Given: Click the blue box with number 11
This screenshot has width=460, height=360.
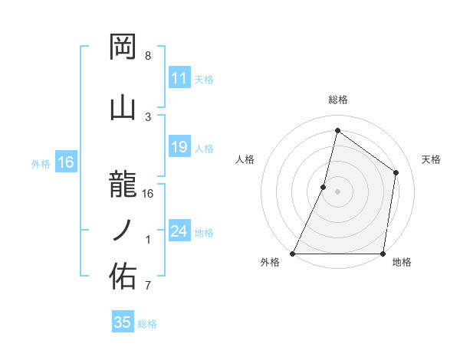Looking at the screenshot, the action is (x=179, y=78).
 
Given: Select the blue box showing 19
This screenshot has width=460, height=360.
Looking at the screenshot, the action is (x=179, y=147).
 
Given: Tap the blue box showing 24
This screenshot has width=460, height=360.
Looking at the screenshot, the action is (x=179, y=231).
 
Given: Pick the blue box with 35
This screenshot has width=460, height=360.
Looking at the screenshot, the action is (x=123, y=322).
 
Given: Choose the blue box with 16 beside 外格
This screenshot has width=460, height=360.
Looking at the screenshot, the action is (x=65, y=162).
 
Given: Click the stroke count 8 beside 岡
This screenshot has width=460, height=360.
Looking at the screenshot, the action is (x=148, y=56).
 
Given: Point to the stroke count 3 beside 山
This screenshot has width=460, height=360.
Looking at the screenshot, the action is (x=148, y=116).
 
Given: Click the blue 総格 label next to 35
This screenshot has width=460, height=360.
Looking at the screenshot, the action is (x=147, y=323).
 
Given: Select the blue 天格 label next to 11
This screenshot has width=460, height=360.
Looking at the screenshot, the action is (x=203, y=79).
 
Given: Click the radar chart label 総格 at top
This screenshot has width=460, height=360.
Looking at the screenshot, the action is (x=337, y=100).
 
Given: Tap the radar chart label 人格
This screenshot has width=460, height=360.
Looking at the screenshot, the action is (x=245, y=159).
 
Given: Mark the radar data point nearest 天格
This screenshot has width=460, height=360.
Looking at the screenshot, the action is (x=396, y=172).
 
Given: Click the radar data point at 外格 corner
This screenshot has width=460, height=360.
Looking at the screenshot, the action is (x=293, y=254).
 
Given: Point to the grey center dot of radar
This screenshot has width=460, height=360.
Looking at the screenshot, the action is (x=337, y=191).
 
